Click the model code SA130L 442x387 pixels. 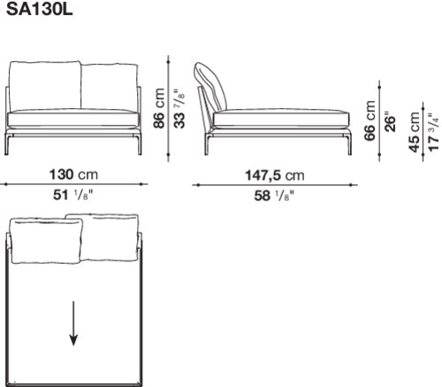tap(40, 10)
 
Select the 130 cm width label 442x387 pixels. tap(73, 174)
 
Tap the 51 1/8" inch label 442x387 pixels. tap(72, 195)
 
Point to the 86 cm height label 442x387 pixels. tap(159, 108)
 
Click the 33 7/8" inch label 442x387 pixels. tap(179, 108)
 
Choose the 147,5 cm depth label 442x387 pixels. tap(275, 176)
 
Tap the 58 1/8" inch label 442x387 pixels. tap(274, 196)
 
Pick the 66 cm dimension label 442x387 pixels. tap(370, 120)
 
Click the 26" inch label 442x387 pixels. tap(389, 121)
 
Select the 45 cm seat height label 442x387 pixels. tap(414, 133)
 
